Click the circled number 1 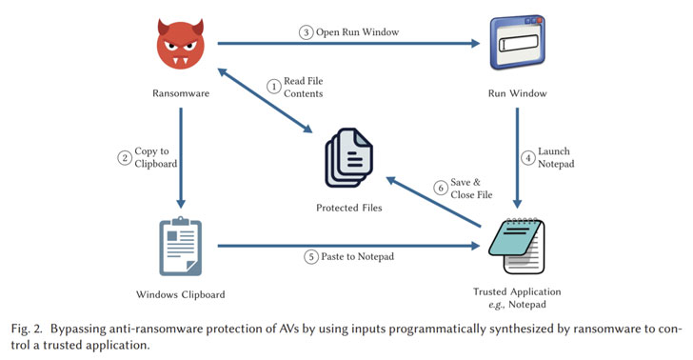(274, 86)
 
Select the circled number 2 (124, 158)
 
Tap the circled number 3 (306, 32)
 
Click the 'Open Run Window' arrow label (356, 32)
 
